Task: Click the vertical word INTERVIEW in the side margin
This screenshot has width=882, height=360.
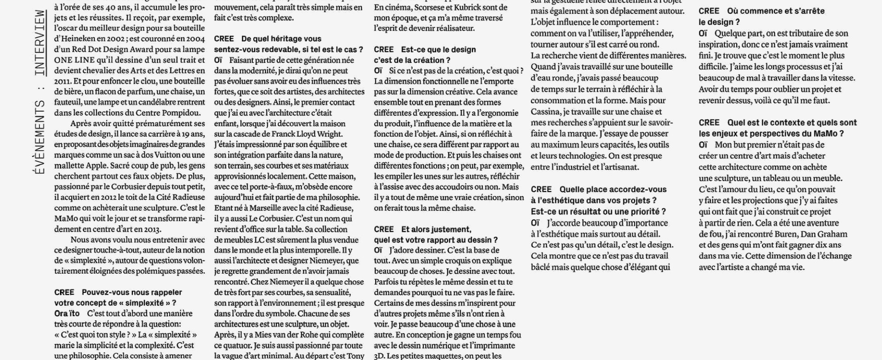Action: (40, 42)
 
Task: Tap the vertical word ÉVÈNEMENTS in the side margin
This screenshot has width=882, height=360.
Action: (40, 138)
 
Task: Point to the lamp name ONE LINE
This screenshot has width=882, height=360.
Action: (75, 60)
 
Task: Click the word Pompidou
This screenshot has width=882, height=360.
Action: (184, 113)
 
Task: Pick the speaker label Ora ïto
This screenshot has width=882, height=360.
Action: (67, 314)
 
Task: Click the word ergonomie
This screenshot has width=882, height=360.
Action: (500, 113)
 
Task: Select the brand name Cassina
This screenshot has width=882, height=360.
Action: (545, 112)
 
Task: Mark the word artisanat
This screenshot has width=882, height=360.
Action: (620, 167)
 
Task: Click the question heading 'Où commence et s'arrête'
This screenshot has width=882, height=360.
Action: (776, 11)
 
